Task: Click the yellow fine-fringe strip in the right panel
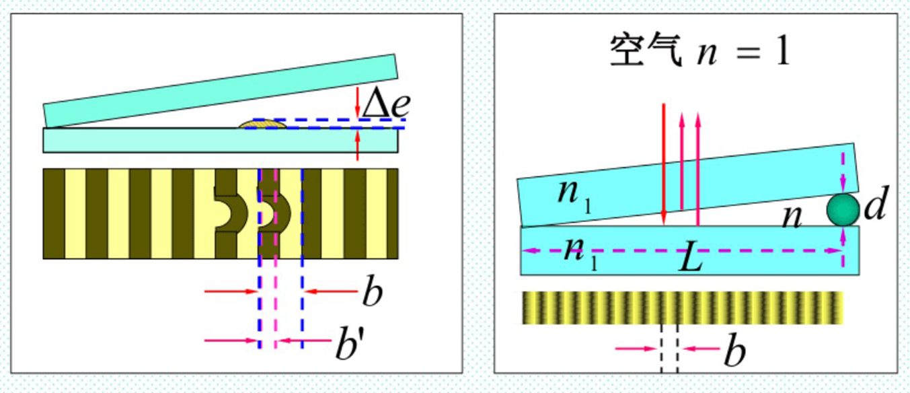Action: click(682, 308)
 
